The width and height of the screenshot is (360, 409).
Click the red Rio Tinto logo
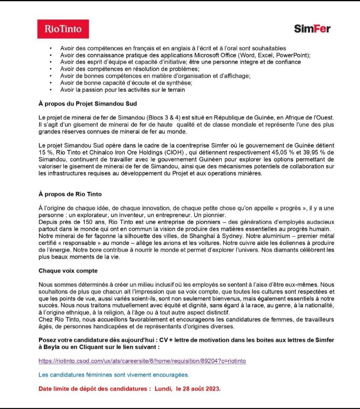pyautogui.click(x=63, y=29)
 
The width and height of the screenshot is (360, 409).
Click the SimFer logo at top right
pyautogui.click(x=312, y=29)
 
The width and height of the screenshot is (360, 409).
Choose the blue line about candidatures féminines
pyautogui.click(x=113, y=375)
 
